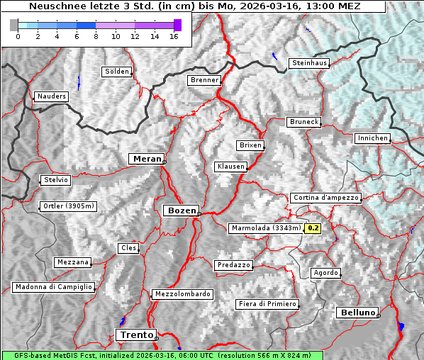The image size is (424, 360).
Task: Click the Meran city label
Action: click(147, 159)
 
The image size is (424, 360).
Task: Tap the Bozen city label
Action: click(181, 210)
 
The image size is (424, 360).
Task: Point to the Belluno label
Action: click(357, 313)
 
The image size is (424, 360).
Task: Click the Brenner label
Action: click(205, 80)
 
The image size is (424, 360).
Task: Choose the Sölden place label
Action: click(117, 72)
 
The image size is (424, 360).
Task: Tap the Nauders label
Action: click(52, 96)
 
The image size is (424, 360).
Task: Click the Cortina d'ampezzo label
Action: click(325, 198)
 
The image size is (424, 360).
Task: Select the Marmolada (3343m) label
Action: click(266, 228)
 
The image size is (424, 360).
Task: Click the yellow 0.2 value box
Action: click(313, 228)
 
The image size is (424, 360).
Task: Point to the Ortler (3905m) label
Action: click(68, 207)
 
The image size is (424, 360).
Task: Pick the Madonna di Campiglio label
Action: click(53, 287)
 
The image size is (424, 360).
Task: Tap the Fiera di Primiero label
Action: click(267, 304)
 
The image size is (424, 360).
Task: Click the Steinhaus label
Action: click(310, 63)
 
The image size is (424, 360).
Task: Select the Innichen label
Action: click(372, 138)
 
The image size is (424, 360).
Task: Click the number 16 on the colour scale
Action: click(173, 36)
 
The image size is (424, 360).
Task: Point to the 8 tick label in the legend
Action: click(96, 36)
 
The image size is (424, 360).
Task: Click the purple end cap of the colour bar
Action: click(177, 25)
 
